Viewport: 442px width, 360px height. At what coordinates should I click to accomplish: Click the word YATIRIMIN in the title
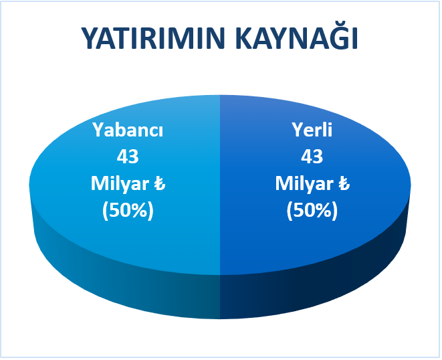(x=153, y=39)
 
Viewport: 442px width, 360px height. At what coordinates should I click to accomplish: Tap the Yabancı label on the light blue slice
(x=128, y=130)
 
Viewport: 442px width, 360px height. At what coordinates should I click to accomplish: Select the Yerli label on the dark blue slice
(x=312, y=130)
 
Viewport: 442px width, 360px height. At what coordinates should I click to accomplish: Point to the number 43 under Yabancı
(x=128, y=157)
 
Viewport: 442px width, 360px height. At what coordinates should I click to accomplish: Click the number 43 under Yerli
(x=312, y=157)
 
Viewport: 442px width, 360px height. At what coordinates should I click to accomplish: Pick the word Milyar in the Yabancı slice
(x=120, y=184)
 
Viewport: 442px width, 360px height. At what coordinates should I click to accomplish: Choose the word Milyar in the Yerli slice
(x=304, y=184)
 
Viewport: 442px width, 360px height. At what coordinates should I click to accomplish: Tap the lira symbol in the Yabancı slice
(x=160, y=184)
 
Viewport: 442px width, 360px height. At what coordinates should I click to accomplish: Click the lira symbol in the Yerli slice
(x=344, y=184)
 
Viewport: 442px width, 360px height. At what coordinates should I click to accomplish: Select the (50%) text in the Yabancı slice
(x=128, y=211)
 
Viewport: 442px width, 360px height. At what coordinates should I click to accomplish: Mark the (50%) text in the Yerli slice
(x=312, y=211)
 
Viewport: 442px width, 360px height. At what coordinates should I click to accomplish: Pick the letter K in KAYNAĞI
(x=245, y=39)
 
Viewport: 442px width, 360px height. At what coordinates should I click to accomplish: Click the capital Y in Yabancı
(x=99, y=130)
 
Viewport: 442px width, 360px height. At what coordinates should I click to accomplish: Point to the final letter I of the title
(x=355, y=39)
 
